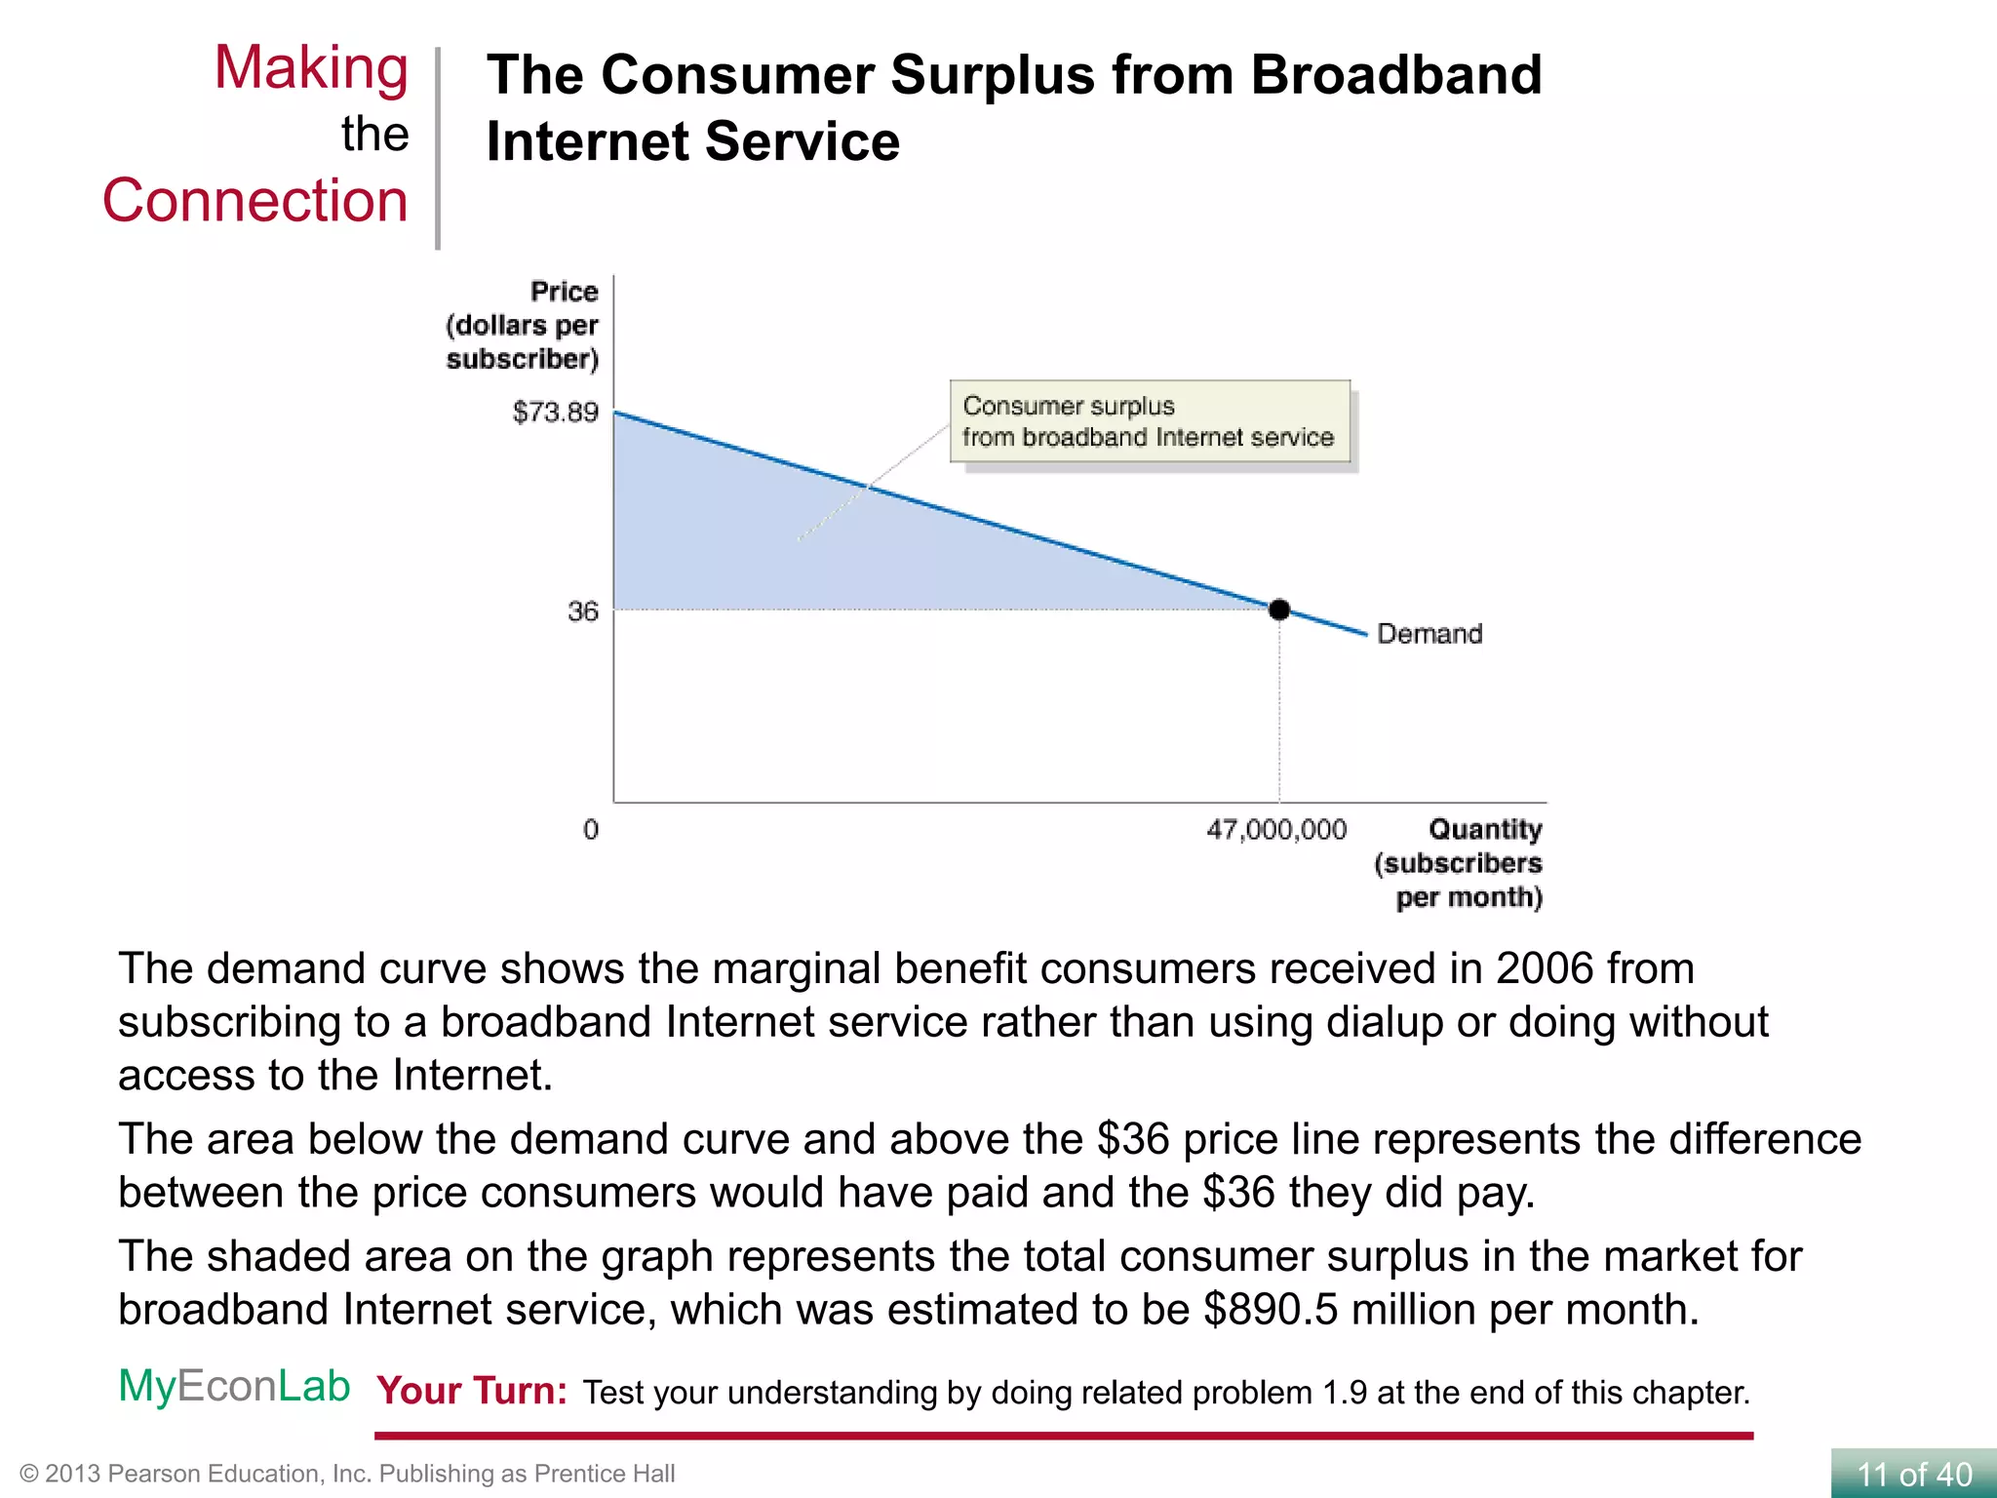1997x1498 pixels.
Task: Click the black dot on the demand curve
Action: tap(1279, 610)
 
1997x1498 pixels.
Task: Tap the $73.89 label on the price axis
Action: tap(555, 412)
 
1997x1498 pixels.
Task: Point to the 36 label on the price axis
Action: tap(582, 611)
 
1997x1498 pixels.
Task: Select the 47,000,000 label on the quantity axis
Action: tap(1275, 830)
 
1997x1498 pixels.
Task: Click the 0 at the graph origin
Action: tap(591, 830)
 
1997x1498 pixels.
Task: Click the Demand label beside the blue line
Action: tap(1429, 634)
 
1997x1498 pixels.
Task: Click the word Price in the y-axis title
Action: tap(564, 292)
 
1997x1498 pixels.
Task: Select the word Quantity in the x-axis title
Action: tap(1484, 829)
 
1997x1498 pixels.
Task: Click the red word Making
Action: tap(311, 68)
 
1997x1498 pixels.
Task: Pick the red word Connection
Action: tap(255, 201)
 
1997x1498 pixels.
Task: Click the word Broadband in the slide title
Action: tap(1395, 75)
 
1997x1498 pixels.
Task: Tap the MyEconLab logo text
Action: tap(234, 1386)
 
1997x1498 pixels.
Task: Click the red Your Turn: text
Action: tap(472, 1391)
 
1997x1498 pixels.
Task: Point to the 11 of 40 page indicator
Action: tap(1913, 1474)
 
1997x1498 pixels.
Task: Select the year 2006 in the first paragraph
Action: tap(1544, 968)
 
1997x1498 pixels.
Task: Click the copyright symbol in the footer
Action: tap(28, 1474)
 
